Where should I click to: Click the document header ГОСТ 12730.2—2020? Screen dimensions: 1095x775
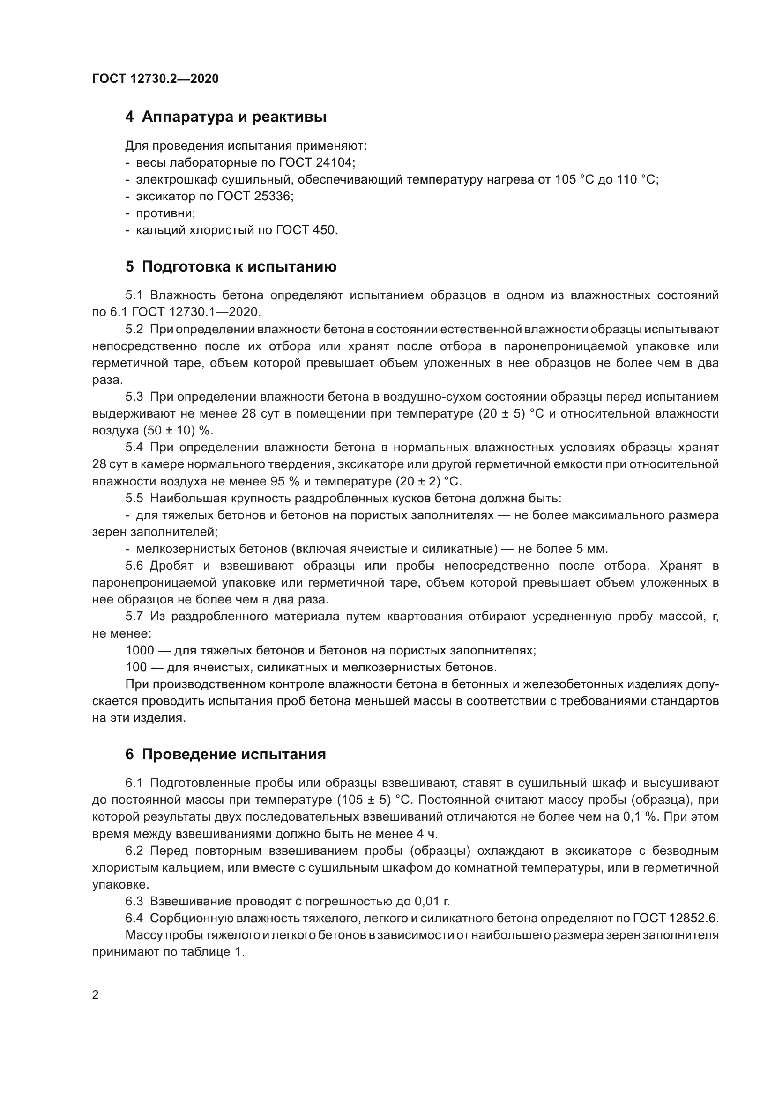(x=156, y=79)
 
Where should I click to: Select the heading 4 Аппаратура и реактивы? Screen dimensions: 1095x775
(x=226, y=117)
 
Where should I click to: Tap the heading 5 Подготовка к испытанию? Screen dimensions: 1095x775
(x=231, y=266)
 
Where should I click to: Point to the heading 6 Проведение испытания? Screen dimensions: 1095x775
(x=226, y=755)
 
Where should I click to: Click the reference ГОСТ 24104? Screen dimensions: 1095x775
(x=315, y=162)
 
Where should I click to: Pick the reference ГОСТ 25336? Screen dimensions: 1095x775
(x=254, y=197)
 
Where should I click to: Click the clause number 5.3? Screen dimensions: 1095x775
(x=134, y=397)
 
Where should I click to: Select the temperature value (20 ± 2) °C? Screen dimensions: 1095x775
(x=428, y=481)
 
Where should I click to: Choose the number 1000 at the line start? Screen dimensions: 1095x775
(x=140, y=651)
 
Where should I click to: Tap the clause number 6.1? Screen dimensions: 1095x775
(x=134, y=783)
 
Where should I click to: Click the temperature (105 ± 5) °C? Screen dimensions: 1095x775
(x=374, y=800)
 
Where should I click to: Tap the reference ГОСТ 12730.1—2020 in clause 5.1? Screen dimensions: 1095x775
(x=196, y=312)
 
